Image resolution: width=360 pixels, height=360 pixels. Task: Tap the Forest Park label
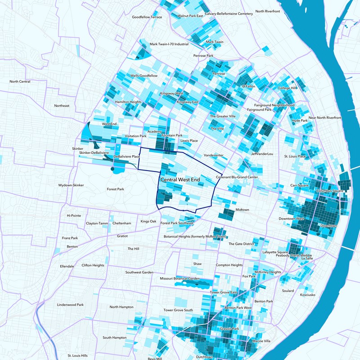[x=115, y=189]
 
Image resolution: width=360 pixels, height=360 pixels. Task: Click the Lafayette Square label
[x=275, y=252]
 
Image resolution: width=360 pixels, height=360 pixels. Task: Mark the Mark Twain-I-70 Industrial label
[x=169, y=44]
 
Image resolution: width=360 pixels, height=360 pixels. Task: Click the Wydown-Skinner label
[x=71, y=185]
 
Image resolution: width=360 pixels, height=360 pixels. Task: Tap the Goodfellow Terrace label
[x=147, y=17]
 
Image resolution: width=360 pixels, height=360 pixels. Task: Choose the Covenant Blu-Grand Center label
[x=237, y=177]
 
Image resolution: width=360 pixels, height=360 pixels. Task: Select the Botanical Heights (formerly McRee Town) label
[x=195, y=237]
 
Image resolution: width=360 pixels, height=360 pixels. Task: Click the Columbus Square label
[x=330, y=191]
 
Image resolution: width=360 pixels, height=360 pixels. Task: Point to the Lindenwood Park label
[x=70, y=305]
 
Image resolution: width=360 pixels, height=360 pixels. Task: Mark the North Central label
[x=20, y=81]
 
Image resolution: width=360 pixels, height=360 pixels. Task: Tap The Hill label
[x=134, y=248]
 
